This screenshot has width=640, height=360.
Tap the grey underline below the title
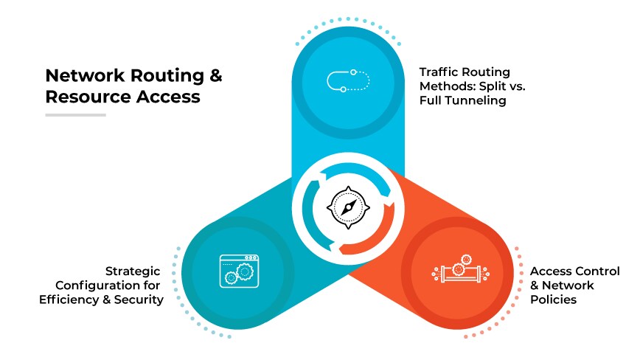[x=75, y=115]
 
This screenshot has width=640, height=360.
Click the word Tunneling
[x=478, y=100]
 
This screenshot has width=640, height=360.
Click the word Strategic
[x=133, y=271]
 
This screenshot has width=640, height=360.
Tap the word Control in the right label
[x=597, y=271]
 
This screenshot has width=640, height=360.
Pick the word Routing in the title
[x=161, y=76]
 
